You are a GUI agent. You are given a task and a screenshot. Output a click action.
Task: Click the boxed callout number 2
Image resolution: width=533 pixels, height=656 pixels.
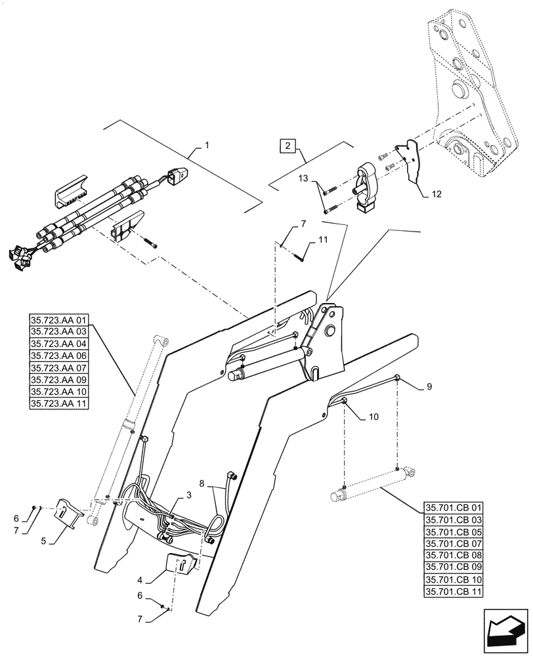(288, 145)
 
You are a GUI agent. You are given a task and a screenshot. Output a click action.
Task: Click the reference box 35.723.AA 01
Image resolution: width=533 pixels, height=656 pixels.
(58, 321)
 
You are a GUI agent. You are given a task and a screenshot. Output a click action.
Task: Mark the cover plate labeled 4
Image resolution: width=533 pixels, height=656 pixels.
(179, 562)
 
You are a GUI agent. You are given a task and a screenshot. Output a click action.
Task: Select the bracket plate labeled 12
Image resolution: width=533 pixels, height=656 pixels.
(411, 160)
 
